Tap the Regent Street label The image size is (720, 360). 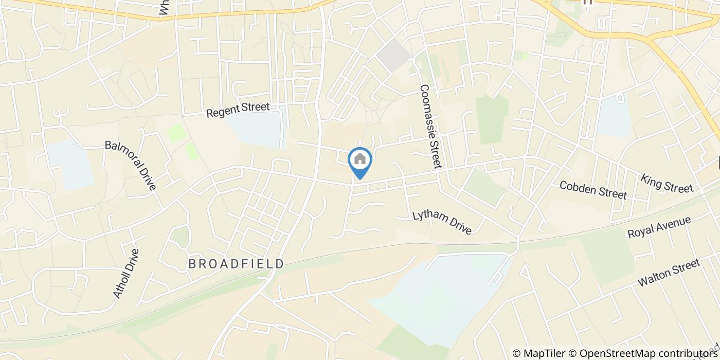[x=238, y=110]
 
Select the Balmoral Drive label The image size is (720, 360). [x=130, y=165]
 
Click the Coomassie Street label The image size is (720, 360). [x=430, y=127]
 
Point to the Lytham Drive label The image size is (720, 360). [x=442, y=222]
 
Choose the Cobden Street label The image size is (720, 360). [x=593, y=189]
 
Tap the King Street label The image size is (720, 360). [x=667, y=183]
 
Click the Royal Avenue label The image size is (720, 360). [x=659, y=227]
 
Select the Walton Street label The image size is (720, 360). [x=669, y=273]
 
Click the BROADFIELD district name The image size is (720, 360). [x=236, y=264]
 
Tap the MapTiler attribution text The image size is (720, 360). [x=538, y=353]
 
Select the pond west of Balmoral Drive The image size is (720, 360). [x=70, y=164]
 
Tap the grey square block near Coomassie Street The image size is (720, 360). [x=394, y=56]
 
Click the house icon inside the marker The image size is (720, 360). [x=360, y=159]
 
